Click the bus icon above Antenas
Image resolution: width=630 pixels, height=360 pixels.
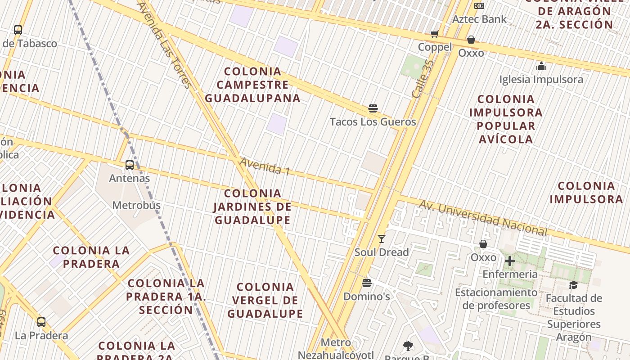(x=130, y=165)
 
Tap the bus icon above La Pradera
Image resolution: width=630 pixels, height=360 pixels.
(x=41, y=322)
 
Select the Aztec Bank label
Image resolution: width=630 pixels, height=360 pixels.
(x=479, y=19)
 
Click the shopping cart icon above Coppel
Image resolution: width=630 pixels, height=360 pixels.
(x=435, y=34)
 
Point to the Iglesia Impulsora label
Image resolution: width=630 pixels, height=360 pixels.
(x=541, y=80)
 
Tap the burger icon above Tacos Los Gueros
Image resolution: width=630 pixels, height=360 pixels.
(x=373, y=108)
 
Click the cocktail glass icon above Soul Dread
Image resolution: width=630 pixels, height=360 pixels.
(x=382, y=239)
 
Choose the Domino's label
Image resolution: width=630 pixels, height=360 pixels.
(x=367, y=297)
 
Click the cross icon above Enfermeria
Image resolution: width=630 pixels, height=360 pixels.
(x=510, y=261)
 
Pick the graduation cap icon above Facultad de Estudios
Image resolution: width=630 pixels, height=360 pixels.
(x=573, y=285)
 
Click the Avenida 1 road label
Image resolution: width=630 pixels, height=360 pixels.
(x=265, y=166)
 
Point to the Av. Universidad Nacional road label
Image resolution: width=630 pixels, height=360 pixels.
(x=483, y=218)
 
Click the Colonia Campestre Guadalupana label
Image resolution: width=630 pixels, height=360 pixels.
(x=252, y=85)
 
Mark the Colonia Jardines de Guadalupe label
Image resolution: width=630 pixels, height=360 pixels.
(x=252, y=207)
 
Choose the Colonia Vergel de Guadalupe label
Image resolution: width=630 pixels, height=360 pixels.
(x=265, y=300)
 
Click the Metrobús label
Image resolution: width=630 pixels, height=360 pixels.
(x=136, y=206)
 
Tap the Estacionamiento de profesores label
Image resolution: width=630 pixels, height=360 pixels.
(x=496, y=299)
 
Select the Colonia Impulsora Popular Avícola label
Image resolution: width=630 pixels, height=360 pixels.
(x=506, y=119)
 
